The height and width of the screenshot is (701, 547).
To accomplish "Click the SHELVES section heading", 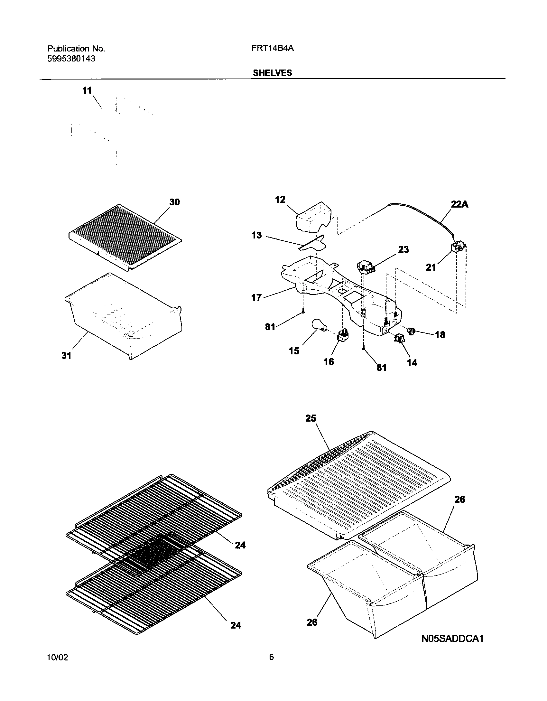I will coord(272,73).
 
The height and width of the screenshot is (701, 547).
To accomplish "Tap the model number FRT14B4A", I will coord(273,48).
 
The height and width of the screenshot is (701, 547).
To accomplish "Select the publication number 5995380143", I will coord(71,59).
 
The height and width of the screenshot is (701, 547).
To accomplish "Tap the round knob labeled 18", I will coord(412,330).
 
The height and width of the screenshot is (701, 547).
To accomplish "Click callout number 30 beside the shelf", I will coord(175,202).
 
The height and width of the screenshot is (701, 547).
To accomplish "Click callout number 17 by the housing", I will coord(256,297).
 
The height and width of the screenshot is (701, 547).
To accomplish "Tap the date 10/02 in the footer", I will coord(58,666).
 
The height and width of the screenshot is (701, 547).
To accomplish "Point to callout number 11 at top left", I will coord(87,90).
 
